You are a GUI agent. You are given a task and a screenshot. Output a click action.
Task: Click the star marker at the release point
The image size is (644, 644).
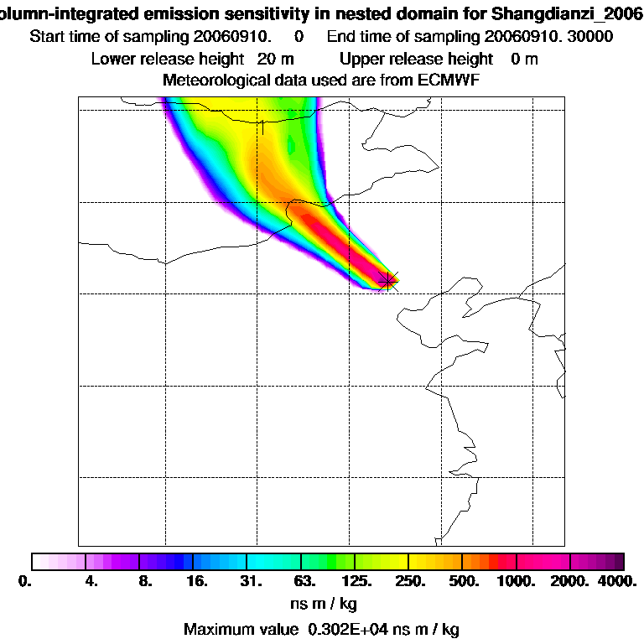point(388,279)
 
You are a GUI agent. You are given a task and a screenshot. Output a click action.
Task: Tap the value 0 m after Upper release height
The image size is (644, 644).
point(524,59)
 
